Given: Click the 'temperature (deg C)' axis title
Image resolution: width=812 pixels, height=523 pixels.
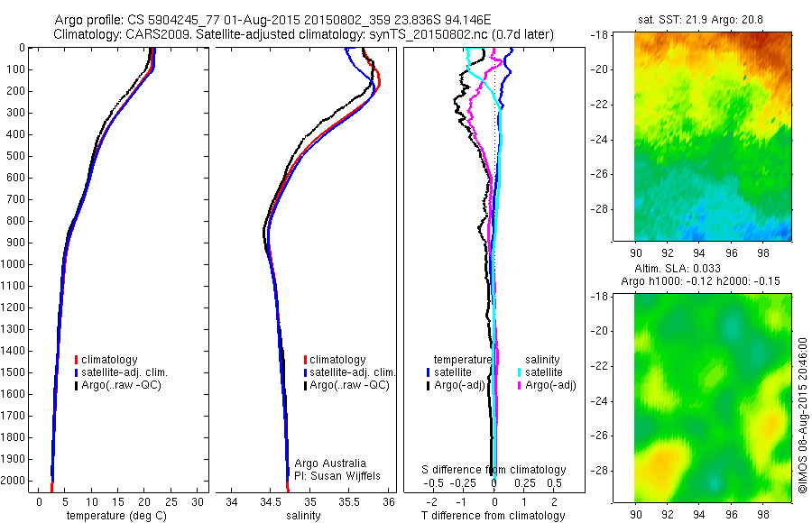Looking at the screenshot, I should (x=114, y=516).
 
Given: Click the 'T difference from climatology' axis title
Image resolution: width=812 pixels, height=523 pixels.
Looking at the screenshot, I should (x=493, y=516).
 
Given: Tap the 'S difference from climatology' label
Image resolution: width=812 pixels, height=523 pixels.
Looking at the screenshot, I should (x=494, y=470).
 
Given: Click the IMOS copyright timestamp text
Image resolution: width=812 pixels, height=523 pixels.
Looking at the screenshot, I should (x=801, y=416).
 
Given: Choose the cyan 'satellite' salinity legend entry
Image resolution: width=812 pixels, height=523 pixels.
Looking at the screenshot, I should (x=543, y=372).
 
